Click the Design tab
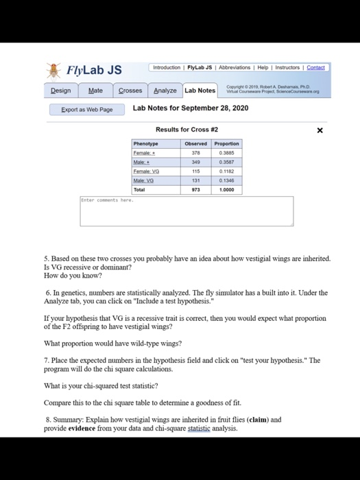click(61, 91)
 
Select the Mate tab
click(95, 91)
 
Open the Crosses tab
click(130, 91)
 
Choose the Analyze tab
click(165, 91)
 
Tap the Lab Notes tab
click(200, 91)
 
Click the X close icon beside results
click(320, 130)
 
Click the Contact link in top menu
click(316, 67)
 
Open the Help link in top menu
click(263, 67)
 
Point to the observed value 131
click(196, 180)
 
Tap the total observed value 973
click(196, 189)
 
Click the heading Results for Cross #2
click(187, 130)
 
